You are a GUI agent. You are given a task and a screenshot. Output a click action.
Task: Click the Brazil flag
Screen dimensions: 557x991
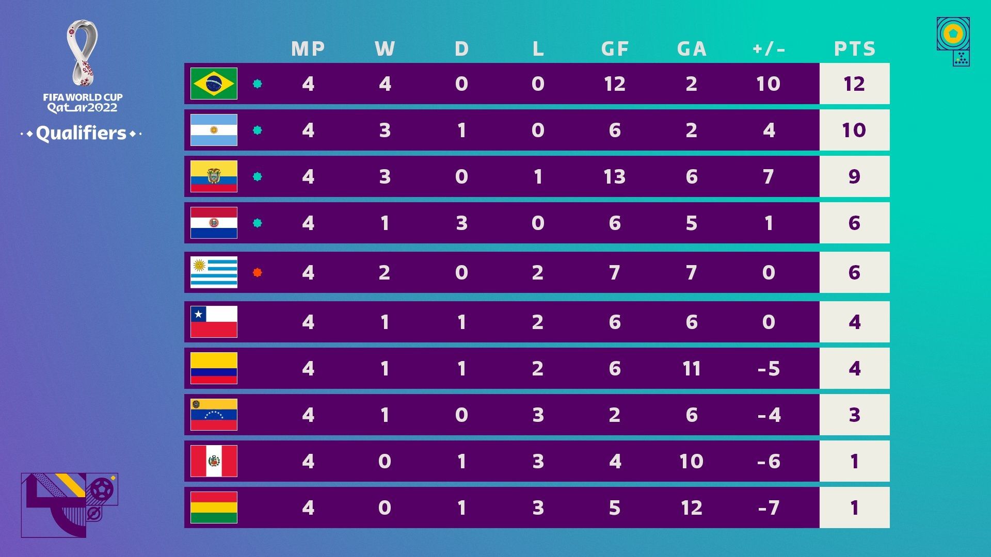[x=214, y=84]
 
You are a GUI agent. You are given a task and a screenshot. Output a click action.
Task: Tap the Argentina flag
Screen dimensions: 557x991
[x=214, y=130]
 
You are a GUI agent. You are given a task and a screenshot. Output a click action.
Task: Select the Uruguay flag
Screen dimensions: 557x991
[x=214, y=272]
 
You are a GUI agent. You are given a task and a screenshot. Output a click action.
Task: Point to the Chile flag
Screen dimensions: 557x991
[x=214, y=322]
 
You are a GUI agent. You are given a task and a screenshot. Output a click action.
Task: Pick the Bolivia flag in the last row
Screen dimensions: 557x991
[x=214, y=507]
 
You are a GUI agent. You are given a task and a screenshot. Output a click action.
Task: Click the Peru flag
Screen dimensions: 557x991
[x=214, y=461]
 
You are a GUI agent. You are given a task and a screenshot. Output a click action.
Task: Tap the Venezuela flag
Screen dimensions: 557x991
[x=214, y=415]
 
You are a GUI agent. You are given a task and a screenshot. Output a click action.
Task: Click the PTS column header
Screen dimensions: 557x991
[x=854, y=49]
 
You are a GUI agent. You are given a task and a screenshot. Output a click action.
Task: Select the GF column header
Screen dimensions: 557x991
[x=615, y=49]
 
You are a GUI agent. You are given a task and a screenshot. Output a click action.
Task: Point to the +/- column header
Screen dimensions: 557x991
[x=769, y=49]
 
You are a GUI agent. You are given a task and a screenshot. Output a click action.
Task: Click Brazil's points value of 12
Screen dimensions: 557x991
[x=854, y=84]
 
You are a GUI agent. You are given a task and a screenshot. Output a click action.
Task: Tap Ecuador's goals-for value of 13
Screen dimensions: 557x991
[x=615, y=176]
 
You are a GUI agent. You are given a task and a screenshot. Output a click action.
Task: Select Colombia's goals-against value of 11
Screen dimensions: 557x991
[x=692, y=368]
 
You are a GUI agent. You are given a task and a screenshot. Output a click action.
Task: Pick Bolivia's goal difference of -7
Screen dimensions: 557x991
[x=769, y=507]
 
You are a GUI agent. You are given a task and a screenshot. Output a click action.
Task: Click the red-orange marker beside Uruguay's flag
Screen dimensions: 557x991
[x=258, y=272]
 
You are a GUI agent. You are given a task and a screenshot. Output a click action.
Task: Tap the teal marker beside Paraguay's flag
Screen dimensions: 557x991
[x=258, y=223]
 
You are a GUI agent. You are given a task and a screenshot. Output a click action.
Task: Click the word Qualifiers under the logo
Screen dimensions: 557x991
[x=82, y=134]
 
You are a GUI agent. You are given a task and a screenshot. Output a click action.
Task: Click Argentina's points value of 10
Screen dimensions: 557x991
[x=854, y=130]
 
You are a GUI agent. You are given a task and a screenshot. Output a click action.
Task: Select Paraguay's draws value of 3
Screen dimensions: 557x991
[x=461, y=223]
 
